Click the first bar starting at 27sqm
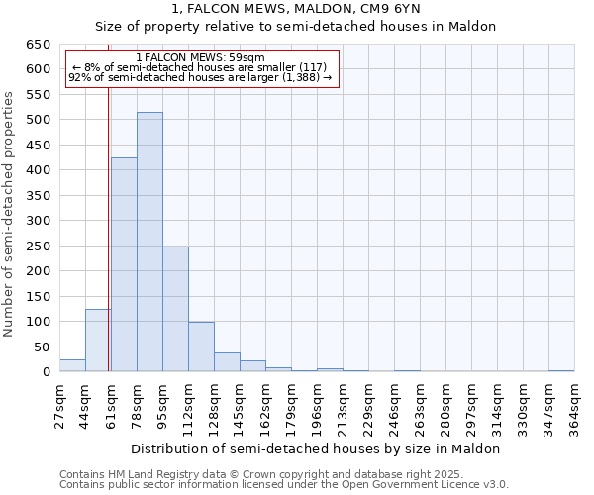[x=72, y=365]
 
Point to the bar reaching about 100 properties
[x=201, y=346]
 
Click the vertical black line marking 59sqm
[x=108, y=247]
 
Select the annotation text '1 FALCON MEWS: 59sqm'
[x=201, y=58]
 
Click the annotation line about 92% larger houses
[x=201, y=77]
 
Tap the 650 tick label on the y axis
[x=38, y=45]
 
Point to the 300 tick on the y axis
[x=38, y=221]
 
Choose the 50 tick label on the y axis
[x=42, y=347]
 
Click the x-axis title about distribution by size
[x=316, y=448]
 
